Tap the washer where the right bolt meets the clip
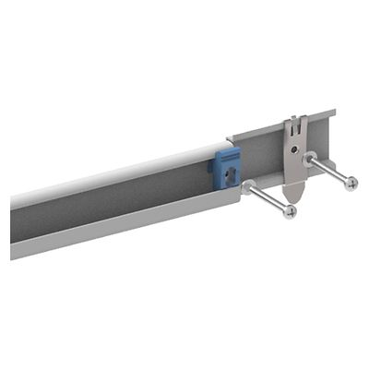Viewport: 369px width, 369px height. coord(310,159)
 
